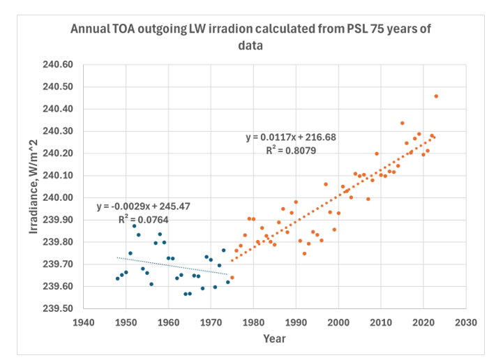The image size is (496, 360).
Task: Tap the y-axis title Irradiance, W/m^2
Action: (34, 189)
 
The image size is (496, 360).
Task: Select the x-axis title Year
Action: (274, 338)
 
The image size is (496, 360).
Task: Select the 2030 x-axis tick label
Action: (465, 322)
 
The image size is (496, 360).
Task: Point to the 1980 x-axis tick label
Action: (253, 322)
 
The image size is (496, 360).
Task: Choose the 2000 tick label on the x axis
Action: (338, 322)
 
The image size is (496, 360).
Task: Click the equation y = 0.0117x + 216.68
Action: (290, 137)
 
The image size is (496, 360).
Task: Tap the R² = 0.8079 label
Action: (290, 149)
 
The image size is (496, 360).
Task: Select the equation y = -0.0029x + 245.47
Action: (144, 207)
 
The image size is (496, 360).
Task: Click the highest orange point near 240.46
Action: (436, 96)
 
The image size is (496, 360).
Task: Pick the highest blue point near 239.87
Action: (135, 226)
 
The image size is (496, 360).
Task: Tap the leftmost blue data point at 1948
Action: (117, 278)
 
